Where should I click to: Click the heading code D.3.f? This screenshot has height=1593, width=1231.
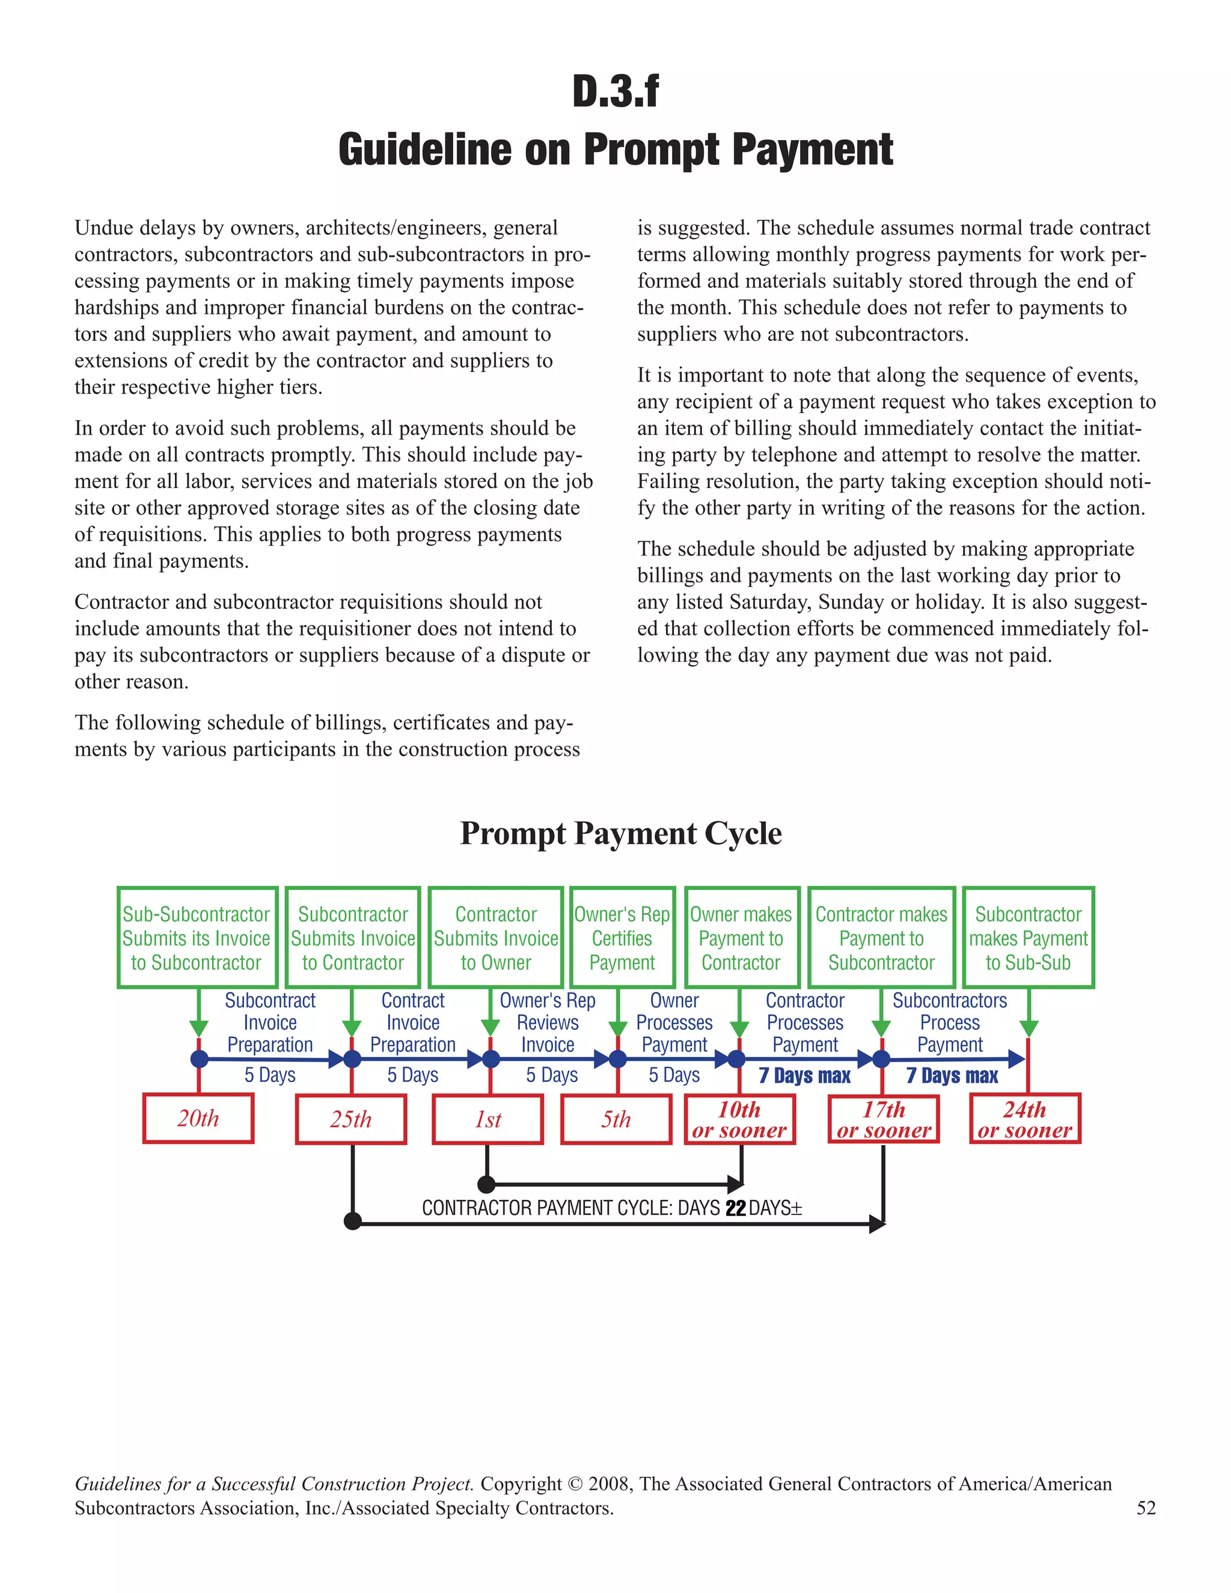[x=615, y=92]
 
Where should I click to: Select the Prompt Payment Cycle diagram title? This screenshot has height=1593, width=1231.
[x=620, y=833]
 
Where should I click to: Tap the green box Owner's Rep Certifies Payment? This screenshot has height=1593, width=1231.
[x=622, y=938]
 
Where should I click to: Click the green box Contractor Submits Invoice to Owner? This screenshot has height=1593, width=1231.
[x=496, y=938]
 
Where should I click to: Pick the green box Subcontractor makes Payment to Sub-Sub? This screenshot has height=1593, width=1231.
[x=1028, y=938]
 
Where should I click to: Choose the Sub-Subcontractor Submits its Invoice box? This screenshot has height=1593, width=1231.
[x=197, y=938]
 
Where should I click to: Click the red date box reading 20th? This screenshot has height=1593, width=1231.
[x=198, y=1118]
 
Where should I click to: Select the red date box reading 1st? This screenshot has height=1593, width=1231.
[x=488, y=1119]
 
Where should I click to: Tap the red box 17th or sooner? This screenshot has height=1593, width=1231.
[x=883, y=1119]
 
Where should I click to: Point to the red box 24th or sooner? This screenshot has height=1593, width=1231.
[x=1025, y=1119]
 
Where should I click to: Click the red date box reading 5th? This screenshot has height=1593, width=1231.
[x=616, y=1119]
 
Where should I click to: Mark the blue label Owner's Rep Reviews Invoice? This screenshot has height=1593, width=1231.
[x=548, y=1023]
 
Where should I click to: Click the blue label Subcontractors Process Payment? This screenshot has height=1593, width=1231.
[x=950, y=1023]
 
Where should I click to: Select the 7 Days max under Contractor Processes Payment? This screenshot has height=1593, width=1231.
[x=804, y=1076]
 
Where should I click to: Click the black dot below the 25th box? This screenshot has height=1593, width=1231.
[x=352, y=1221]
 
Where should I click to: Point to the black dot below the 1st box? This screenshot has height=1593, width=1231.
[x=486, y=1184]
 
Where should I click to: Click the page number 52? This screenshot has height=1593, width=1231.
[x=1146, y=1508]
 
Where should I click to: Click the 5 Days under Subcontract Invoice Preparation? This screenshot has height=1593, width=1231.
[x=270, y=1075]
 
